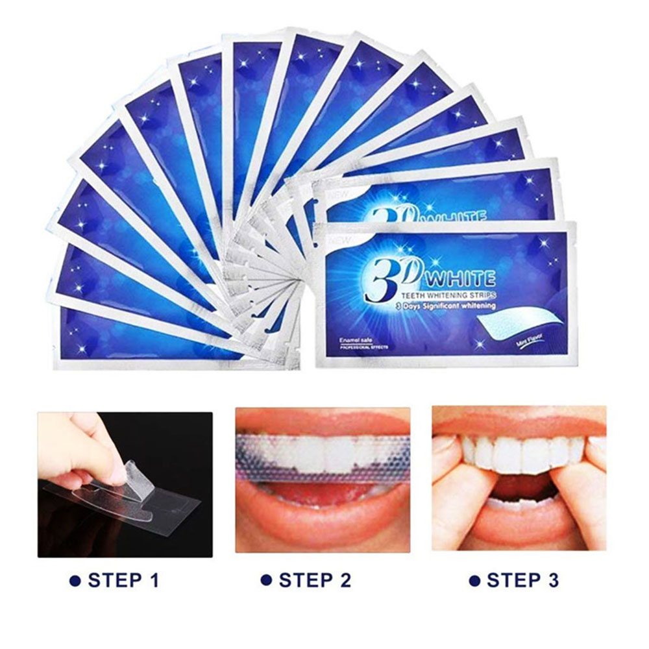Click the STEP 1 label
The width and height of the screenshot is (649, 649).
(123, 580)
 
